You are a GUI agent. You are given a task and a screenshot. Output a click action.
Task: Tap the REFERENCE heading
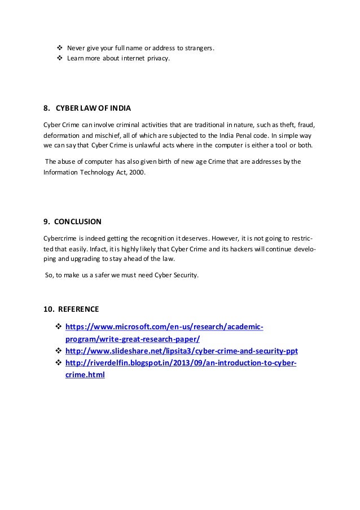coord(79,309)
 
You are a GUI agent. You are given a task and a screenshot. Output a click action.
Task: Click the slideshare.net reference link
coord(182,351)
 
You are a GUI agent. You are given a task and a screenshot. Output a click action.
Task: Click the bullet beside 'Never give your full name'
coord(60,47)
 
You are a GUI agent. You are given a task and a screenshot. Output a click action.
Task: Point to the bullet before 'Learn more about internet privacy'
coord(60,58)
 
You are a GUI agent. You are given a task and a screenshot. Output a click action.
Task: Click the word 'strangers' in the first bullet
coord(199,48)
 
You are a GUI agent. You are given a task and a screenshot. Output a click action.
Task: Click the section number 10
coord(49,309)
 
